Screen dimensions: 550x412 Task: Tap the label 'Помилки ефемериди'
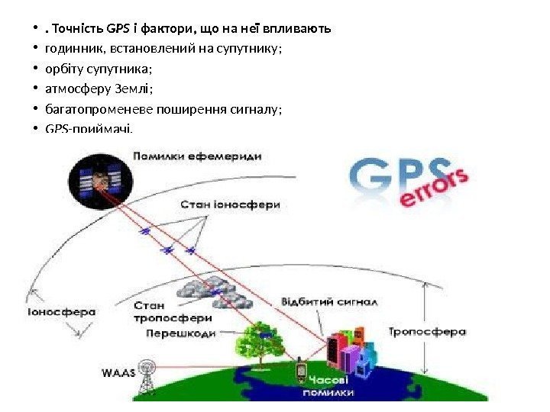point(197,156)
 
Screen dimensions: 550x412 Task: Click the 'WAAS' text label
point(118,373)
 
